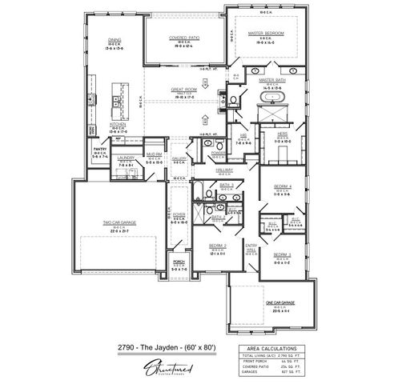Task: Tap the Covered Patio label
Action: click(x=183, y=38)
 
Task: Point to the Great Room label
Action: click(x=183, y=90)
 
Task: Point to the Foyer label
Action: click(x=179, y=215)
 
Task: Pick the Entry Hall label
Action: click(x=251, y=246)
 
